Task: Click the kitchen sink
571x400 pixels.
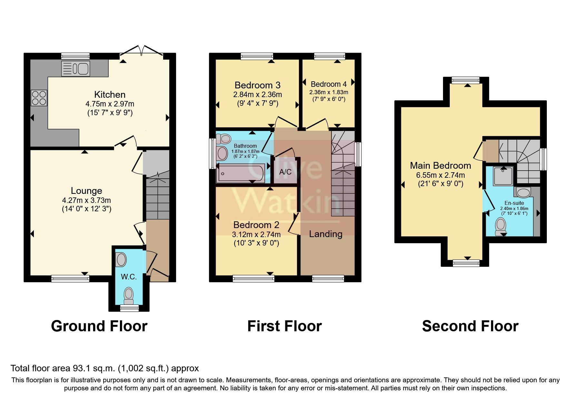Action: [75, 68]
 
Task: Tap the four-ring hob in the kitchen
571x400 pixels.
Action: [39, 98]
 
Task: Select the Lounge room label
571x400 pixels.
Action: [86, 191]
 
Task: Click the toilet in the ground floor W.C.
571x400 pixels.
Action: [129, 295]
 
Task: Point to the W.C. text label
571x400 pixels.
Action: [129, 276]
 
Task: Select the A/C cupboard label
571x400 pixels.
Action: [285, 172]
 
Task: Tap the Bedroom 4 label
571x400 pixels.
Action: [329, 84]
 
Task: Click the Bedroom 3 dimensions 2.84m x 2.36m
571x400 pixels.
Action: [257, 95]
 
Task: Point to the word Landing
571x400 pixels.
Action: [326, 234]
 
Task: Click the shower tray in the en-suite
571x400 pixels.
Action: [503, 176]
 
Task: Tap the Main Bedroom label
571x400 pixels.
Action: [440, 165]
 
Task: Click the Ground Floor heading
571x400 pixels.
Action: [99, 326]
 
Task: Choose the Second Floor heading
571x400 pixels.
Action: [470, 326]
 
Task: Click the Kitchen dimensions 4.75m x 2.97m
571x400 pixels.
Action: [110, 104]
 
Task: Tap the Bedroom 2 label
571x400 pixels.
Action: [256, 225]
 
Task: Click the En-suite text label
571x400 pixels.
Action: [514, 203]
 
